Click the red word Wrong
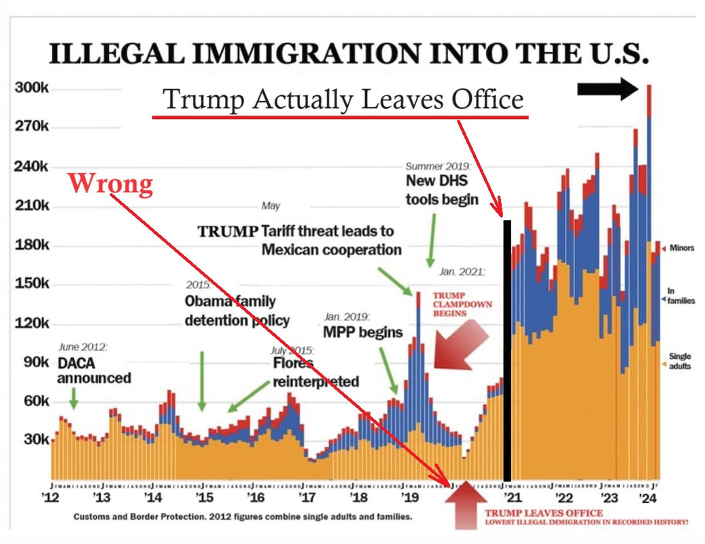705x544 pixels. tap(110, 184)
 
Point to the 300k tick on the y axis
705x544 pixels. tap(30, 90)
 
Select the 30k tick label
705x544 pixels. tap(33, 440)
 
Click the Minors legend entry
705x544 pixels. tap(681, 248)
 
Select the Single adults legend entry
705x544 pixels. tap(681, 361)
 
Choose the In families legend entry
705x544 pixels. tap(681, 296)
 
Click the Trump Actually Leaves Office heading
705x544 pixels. tap(343, 100)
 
